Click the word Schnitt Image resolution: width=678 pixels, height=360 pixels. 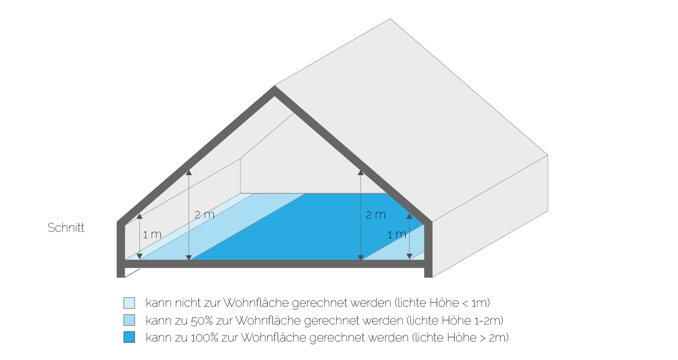[x=66, y=228]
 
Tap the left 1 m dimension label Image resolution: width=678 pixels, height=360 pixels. [x=152, y=234]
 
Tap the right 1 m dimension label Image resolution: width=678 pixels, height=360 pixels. [x=396, y=234]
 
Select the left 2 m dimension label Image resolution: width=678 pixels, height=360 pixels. [x=205, y=215]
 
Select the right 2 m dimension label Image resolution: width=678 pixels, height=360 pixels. [x=376, y=215]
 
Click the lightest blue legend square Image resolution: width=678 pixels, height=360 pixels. [x=129, y=303]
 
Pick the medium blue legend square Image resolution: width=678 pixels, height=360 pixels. [x=129, y=320]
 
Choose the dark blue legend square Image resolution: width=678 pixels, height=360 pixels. [x=129, y=337]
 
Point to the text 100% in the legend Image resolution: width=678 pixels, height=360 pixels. [x=204, y=338]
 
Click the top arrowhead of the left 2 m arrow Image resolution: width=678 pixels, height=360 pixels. [x=189, y=173]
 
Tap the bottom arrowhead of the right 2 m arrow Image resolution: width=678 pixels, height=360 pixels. [x=360, y=257]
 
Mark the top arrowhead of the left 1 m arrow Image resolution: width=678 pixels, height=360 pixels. [x=140, y=216]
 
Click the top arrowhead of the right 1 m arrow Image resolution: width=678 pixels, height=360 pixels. [x=410, y=216]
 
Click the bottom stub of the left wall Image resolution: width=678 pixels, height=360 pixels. [x=121, y=273]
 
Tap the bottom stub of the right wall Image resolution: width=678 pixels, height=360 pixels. [x=428, y=273]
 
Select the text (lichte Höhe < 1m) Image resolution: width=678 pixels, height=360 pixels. [x=442, y=303]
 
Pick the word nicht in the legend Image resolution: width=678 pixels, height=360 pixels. [x=188, y=303]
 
